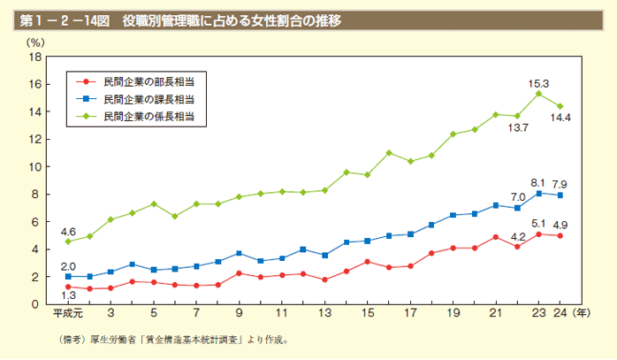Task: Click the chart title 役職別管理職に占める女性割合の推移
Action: click(x=232, y=19)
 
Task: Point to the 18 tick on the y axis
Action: click(x=36, y=57)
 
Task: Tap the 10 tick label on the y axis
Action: click(x=36, y=166)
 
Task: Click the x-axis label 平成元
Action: click(x=68, y=313)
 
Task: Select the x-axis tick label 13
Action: click(x=324, y=313)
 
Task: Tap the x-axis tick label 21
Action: click(x=496, y=313)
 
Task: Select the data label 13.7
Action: click(x=517, y=127)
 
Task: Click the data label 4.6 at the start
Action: click(x=68, y=231)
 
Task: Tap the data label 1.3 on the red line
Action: click(x=68, y=295)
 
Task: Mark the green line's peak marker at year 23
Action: click(x=539, y=93)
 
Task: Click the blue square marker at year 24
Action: click(x=560, y=195)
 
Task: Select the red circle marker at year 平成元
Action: click(x=68, y=287)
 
